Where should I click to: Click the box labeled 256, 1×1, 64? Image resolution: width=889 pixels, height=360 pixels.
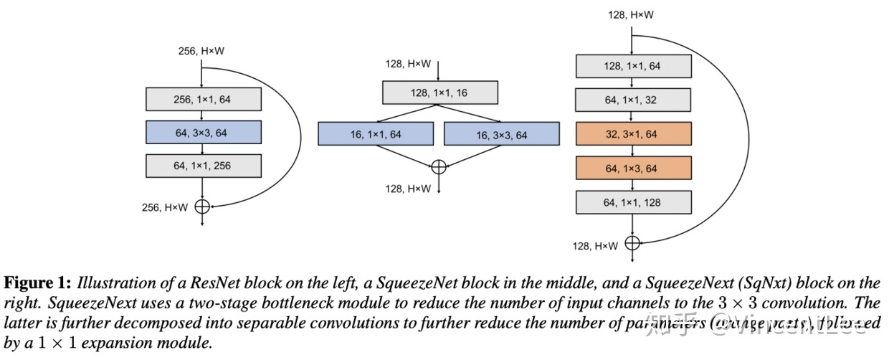point(203,99)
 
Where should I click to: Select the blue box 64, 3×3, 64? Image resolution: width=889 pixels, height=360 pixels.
point(203,132)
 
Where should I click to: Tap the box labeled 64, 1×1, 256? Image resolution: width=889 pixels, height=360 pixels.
point(203,166)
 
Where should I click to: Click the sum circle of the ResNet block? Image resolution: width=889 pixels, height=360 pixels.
point(202,207)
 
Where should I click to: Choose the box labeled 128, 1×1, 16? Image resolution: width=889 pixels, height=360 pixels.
point(439,93)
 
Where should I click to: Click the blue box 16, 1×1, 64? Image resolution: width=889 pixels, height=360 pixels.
point(376,134)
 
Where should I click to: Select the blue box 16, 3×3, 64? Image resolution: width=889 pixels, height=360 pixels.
point(501,134)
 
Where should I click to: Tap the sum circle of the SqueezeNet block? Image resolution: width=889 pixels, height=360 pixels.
point(439,167)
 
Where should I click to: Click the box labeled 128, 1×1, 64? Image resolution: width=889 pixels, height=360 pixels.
point(632,66)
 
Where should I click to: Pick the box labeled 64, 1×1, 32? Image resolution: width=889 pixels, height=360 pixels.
point(632,100)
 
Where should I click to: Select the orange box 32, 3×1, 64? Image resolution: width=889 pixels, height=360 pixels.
point(632,134)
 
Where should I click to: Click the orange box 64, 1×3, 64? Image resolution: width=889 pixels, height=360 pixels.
point(632,168)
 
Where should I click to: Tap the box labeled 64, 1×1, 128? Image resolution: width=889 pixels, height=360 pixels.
point(632,202)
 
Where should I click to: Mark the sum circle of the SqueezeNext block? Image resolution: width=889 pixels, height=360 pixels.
point(632,242)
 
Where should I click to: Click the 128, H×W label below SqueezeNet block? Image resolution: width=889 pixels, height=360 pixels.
point(408,188)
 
